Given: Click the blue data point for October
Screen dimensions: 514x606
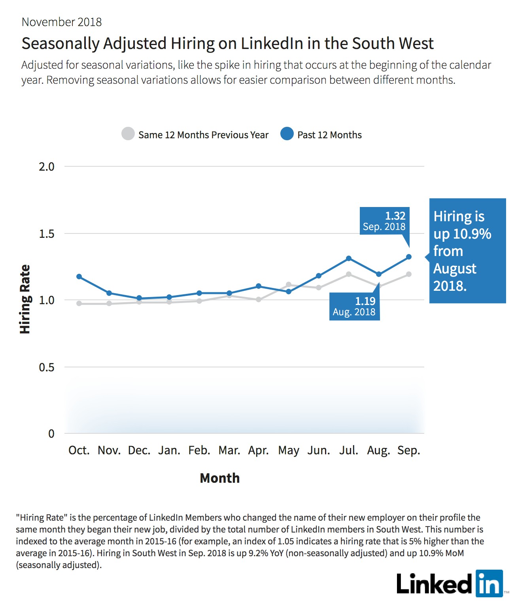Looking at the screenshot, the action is (79, 277).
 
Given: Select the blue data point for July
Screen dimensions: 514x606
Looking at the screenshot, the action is (349, 258).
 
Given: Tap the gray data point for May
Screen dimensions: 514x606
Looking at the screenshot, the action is (288, 284).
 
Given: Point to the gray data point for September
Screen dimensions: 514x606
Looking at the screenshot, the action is (408, 274).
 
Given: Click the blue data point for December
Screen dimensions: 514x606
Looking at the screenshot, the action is (139, 298).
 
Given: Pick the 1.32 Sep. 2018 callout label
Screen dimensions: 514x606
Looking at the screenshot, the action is (384, 221).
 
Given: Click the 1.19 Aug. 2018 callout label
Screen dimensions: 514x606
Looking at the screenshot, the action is (354, 307).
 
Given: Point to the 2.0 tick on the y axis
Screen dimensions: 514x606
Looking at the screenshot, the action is (47, 167).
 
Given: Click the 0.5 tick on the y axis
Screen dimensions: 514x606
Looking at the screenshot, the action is (47, 367).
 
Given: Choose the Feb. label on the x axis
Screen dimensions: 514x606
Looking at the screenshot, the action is (199, 450).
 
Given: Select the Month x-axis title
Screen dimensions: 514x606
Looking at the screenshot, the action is (220, 478).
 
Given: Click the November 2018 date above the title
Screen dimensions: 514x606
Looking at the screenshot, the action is (62, 22).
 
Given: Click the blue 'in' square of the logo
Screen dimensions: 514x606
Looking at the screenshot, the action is (489, 583).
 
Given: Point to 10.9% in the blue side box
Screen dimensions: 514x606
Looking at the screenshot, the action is (472, 233).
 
